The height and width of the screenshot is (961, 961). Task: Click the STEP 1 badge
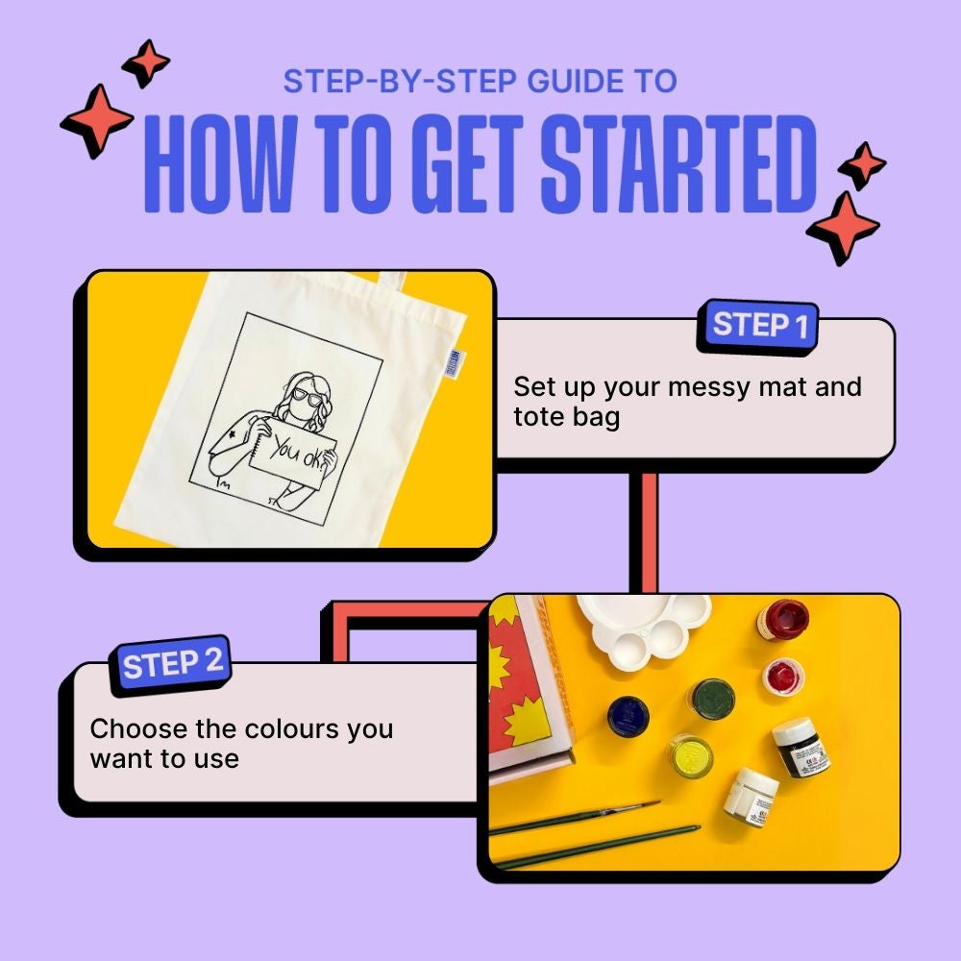point(757,326)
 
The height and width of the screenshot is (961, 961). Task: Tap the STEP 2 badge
point(170,665)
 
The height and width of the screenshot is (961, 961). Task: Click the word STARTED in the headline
point(678,164)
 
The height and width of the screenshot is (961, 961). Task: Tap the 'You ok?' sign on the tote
point(293,454)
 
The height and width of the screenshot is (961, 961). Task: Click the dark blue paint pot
point(628,716)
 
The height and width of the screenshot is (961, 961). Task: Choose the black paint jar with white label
point(801,748)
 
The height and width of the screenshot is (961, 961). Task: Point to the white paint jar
point(751,797)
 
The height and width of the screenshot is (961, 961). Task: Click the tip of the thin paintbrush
point(659,801)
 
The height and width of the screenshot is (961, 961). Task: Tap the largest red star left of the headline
point(96,121)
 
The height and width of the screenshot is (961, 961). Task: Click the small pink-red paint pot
point(782,676)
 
